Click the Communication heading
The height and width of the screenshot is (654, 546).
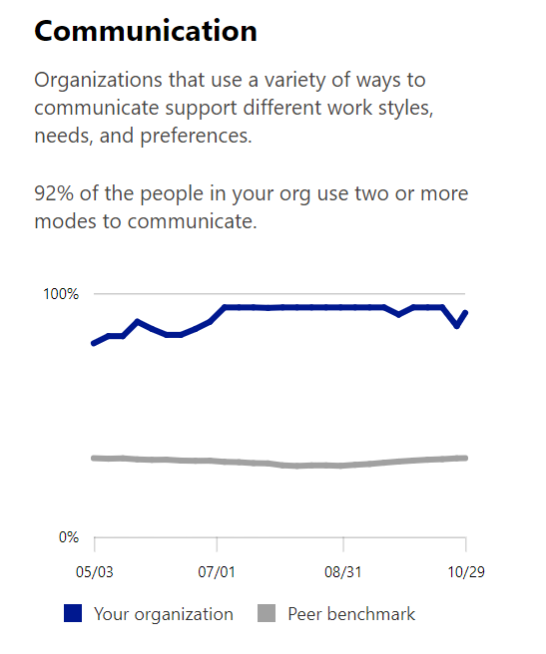[146, 31]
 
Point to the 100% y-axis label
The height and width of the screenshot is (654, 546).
[59, 294]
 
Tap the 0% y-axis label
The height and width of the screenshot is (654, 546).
[67, 537]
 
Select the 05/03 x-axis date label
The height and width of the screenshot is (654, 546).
[94, 573]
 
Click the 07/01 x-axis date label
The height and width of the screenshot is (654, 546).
[217, 573]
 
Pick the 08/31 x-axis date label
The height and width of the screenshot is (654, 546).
[343, 573]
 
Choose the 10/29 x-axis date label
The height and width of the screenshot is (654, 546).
[465, 573]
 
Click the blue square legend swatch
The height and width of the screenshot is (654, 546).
[72, 614]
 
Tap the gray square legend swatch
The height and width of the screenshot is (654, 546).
[267, 614]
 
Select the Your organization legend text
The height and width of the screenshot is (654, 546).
[163, 614]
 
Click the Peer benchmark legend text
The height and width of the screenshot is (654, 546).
[351, 614]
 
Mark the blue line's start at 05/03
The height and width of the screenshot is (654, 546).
[94, 343]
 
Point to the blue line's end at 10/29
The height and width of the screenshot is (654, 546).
[466, 312]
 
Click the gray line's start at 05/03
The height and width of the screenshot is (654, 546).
[94, 458]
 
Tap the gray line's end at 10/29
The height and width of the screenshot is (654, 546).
[466, 458]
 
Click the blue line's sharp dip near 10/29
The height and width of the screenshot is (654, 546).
[457, 326]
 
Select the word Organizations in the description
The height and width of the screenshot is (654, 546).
[95, 79]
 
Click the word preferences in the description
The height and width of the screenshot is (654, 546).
[197, 135]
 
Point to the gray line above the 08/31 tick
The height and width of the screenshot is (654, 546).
[343, 466]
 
